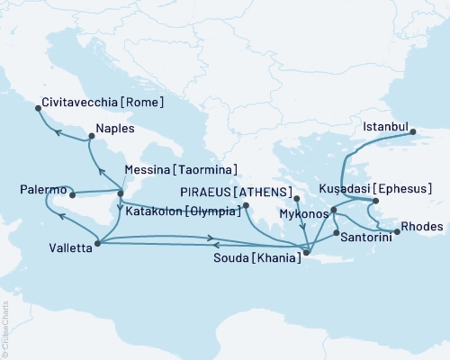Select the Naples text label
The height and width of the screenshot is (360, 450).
116,129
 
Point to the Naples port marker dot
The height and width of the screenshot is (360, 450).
91,138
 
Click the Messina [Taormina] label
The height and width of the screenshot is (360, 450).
187,169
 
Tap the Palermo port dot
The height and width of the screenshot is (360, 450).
71,193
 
